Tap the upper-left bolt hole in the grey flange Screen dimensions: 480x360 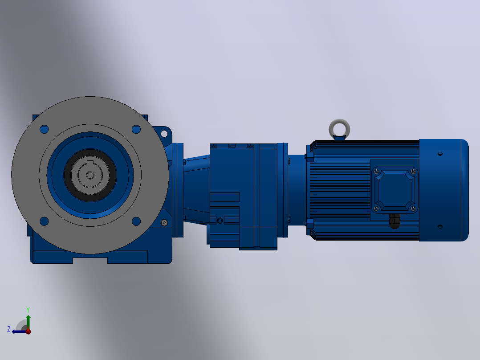coord(45,129)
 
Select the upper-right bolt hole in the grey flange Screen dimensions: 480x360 coord(136,129)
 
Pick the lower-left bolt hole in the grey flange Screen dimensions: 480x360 coord(45,221)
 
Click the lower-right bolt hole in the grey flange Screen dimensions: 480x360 coord(136,221)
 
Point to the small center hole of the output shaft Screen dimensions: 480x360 coord(90,175)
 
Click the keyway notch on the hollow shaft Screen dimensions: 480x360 coord(90,163)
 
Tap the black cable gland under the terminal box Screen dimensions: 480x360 coord(395,221)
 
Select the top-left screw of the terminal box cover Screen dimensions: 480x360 coord(377,172)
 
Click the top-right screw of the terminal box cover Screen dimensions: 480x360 coord(413,172)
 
